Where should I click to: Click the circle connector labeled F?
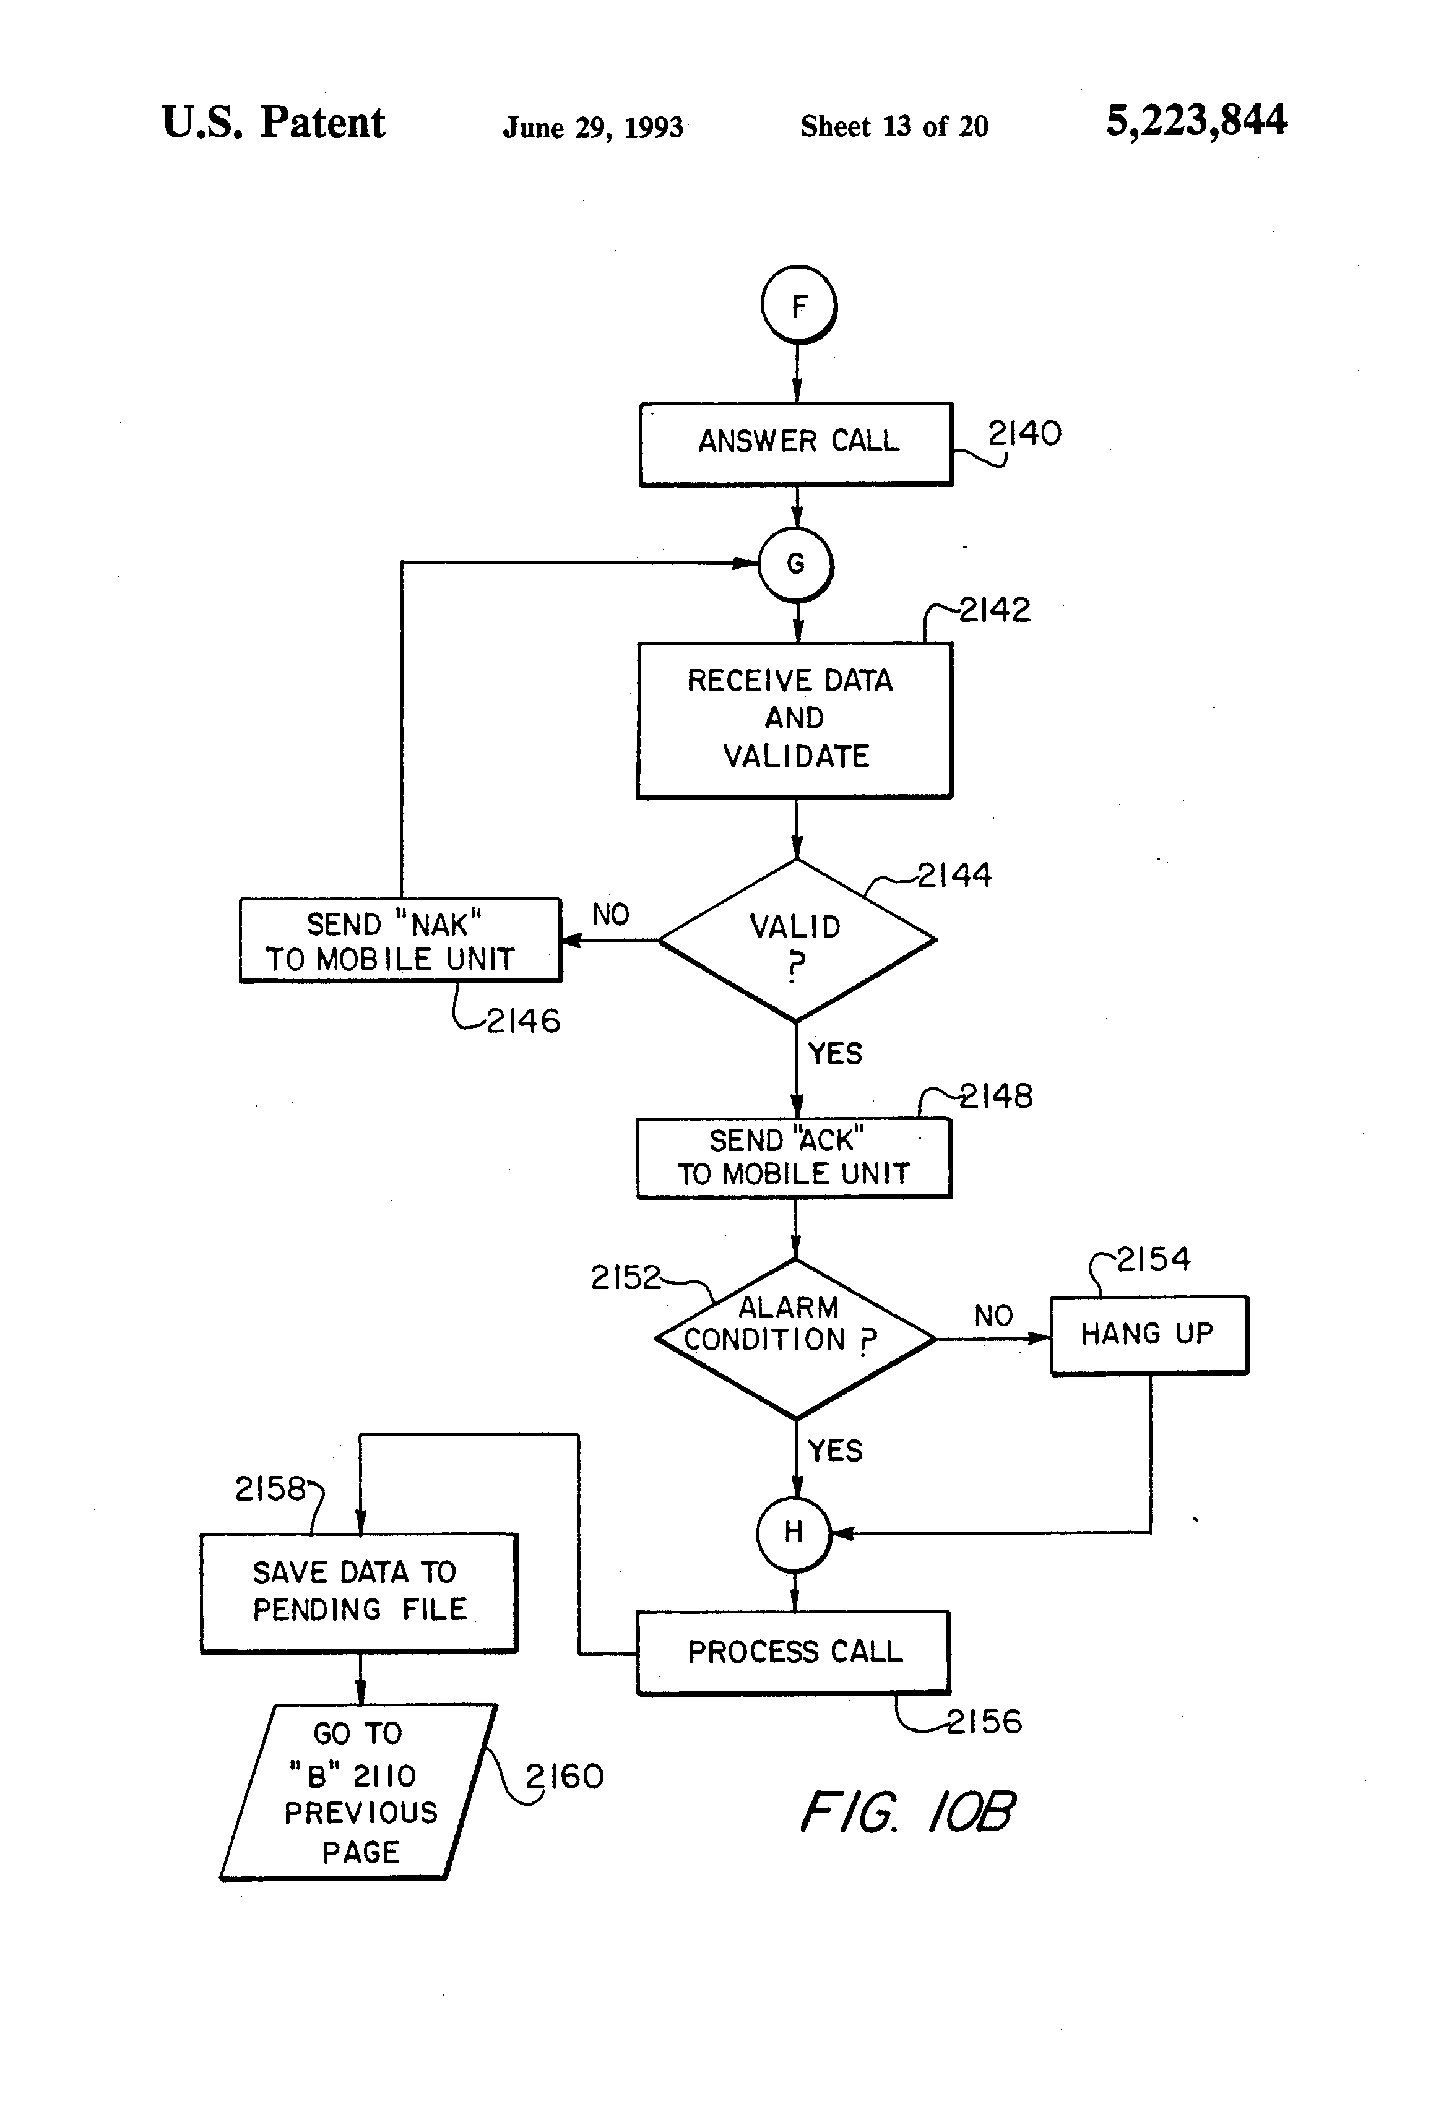(798, 305)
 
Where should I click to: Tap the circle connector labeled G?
(796, 564)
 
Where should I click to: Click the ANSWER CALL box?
(796, 444)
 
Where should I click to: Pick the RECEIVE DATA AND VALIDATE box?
(794, 720)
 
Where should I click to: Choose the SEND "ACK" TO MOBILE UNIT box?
(794, 1158)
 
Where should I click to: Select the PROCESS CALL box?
(794, 1652)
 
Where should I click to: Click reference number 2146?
(524, 1021)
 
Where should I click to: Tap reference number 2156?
(984, 1722)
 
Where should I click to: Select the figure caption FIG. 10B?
(907, 1811)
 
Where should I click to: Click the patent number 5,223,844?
(1195, 121)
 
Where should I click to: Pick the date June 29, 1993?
(593, 127)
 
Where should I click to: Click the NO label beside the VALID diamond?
(610, 914)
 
